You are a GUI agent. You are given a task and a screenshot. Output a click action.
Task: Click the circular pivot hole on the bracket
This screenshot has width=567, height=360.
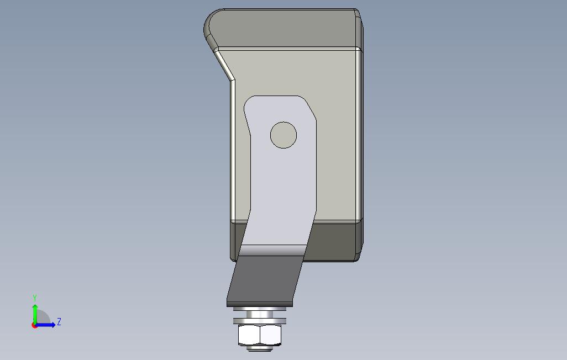[283, 135]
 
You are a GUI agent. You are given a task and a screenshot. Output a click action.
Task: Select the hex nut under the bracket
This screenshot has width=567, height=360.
[260, 335]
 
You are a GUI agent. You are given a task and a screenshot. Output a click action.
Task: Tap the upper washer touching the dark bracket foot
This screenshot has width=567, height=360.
[260, 309]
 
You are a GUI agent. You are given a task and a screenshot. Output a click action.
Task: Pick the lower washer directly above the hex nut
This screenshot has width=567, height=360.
[260, 321]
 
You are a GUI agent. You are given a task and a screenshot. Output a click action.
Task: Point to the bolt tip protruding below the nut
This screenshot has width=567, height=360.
[260, 348]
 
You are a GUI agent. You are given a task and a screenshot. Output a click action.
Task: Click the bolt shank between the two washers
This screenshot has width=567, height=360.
[260, 315]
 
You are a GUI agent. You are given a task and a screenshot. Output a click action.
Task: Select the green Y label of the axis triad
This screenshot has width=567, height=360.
[35, 298]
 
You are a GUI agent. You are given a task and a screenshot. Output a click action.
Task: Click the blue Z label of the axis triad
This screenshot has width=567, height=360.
[59, 322]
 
